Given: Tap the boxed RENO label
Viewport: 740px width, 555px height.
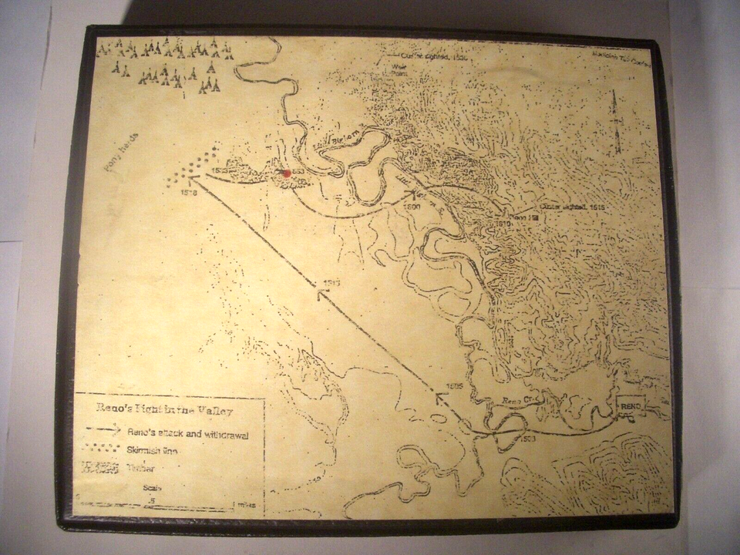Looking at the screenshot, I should (x=630, y=406).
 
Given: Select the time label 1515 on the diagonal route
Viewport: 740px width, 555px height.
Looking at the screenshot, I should (x=332, y=284).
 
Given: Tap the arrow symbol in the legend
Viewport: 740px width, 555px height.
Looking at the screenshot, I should (x=103, y=432).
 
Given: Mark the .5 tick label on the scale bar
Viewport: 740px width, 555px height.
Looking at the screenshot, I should (x=153, y=500).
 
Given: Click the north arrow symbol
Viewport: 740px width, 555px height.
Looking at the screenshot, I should (x=615, y=123).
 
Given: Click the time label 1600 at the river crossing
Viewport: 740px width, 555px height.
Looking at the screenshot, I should (x=413, y=207).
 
